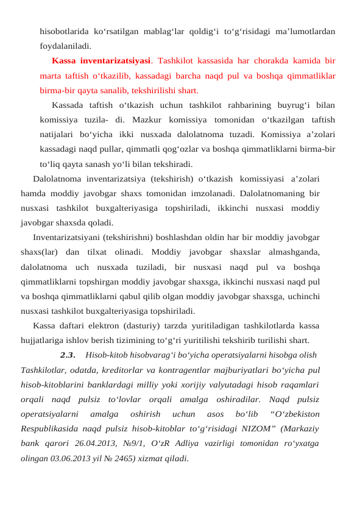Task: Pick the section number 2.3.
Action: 68,355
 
